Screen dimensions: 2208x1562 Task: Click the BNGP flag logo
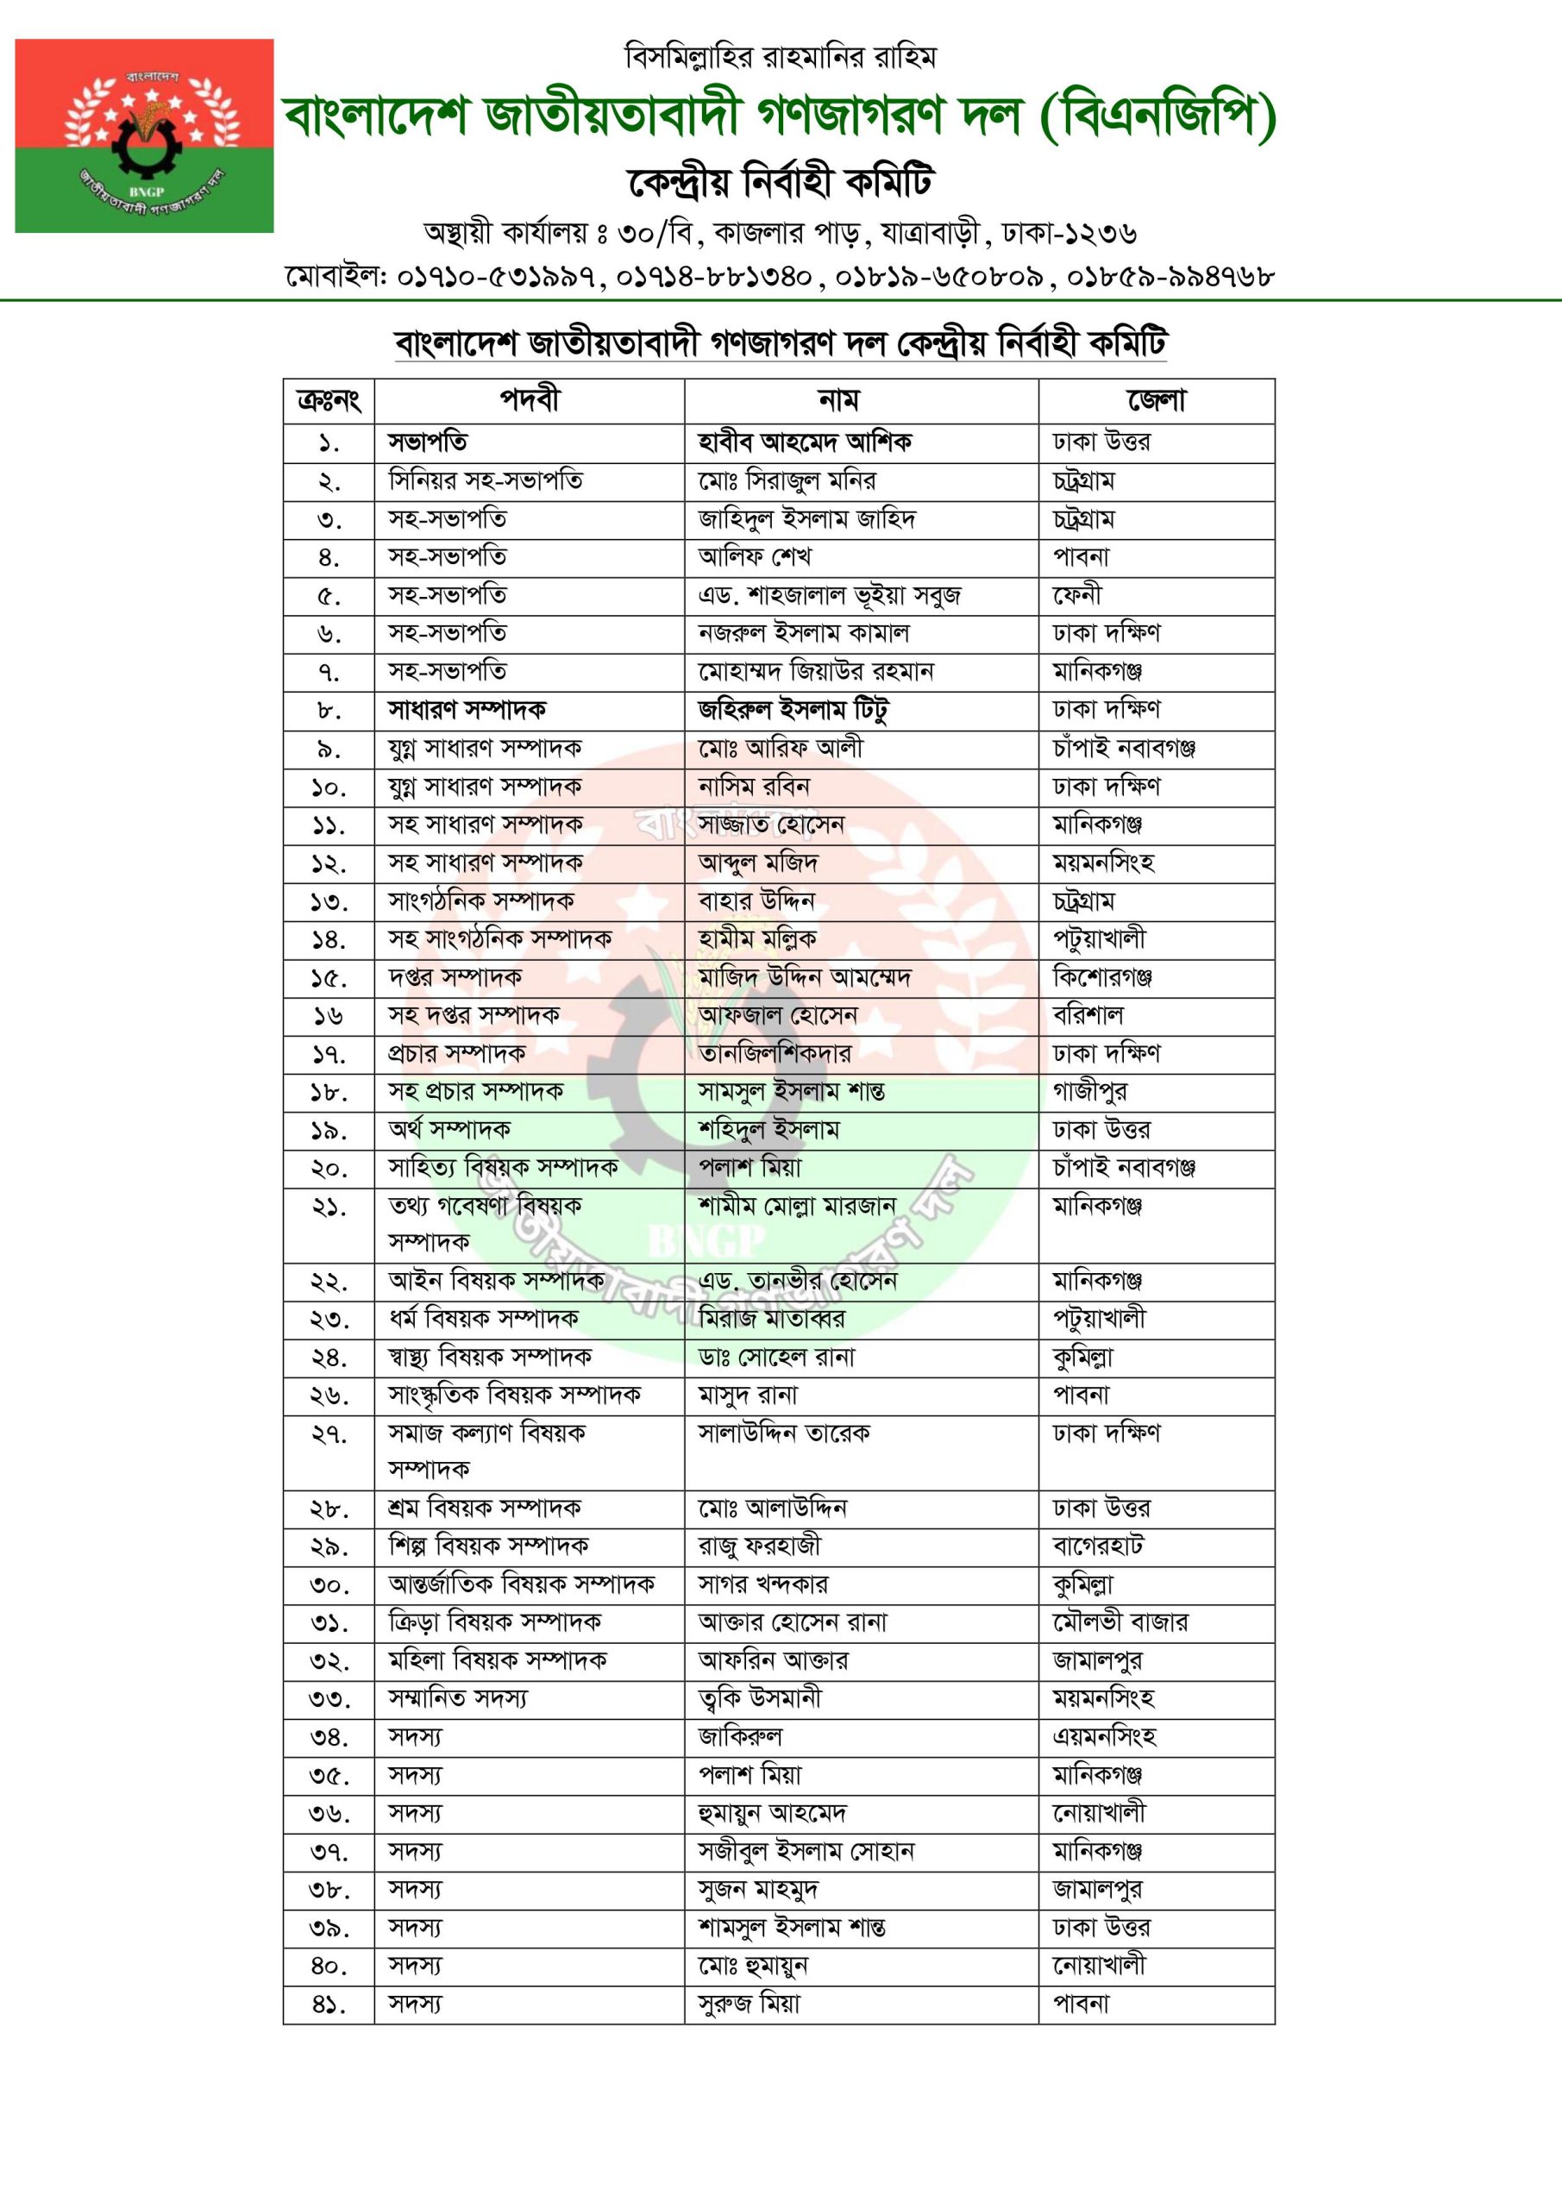[144, 135]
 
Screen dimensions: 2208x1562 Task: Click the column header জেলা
[1156, 400]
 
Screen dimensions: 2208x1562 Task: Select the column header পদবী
[529, 400]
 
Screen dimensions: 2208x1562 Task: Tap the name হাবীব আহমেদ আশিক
[804, 442]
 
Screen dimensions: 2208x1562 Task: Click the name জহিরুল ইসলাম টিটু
[793, 711]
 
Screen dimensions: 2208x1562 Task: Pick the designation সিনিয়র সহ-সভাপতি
[485, 480]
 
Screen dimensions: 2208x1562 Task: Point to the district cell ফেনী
[1077, 595]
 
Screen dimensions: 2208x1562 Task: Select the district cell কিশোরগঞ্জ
[1102, 978]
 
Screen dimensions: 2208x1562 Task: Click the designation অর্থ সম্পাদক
[449, 1130]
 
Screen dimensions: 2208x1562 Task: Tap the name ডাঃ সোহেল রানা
[776, 1358]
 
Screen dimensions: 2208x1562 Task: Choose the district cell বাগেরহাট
[1098, 1546]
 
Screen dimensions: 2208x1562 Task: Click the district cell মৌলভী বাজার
[1120, 1622]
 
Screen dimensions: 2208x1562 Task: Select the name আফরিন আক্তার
[774, 1661]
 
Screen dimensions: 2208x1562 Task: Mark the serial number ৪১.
[328, 2005]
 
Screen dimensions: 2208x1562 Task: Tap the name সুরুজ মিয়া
[750, 2004]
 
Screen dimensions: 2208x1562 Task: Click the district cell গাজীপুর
[1089, 1092]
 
